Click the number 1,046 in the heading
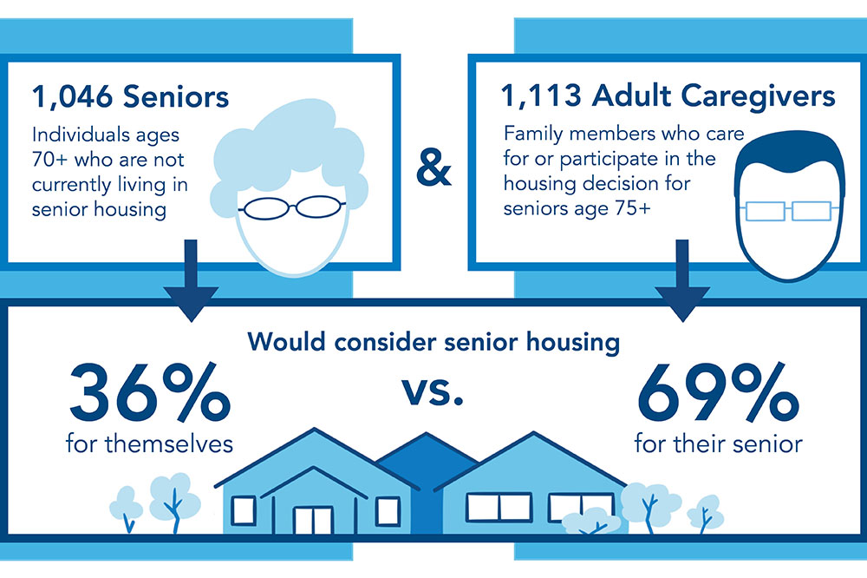[71, 96]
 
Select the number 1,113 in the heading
[541, 95]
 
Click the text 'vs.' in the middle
[433, 391]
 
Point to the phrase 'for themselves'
[149, 444]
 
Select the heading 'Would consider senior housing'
[433, 341]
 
